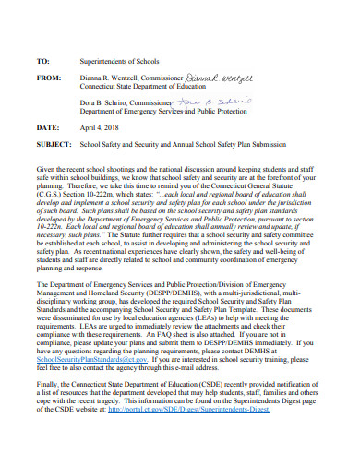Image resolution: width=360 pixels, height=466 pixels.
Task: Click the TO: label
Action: pos(42,60)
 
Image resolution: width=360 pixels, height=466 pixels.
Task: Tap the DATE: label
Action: pos(47,126)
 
